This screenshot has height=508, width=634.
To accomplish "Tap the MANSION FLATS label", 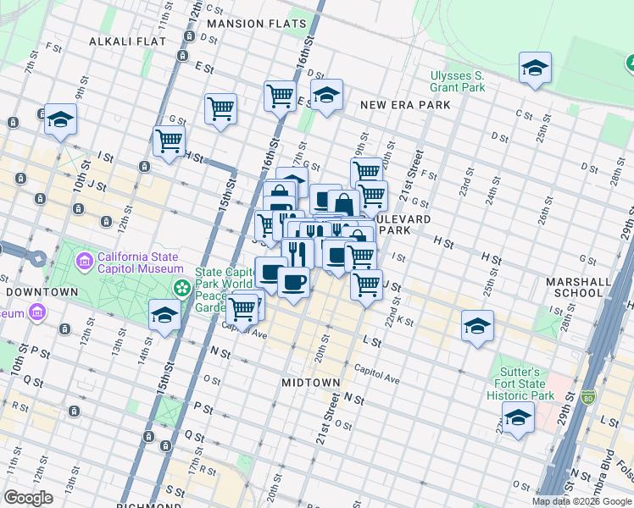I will click(255, 24).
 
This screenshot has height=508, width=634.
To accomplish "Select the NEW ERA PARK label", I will click(404, 105).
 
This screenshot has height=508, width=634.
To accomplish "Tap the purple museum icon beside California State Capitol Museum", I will click(84, 258).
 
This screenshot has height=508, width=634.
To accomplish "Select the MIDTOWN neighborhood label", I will click(310, 384).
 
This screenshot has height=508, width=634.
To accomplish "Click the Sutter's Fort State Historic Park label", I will click(525, 384).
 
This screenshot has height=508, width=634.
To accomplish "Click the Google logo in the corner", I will click(28, 498).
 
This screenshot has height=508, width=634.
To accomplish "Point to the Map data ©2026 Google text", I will click(581, 501).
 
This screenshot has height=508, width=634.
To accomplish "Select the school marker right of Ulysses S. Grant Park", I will click(535, 68).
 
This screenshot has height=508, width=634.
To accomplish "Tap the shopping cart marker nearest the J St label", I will click(366, 284).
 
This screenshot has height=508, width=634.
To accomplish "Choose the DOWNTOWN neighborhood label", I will click(42, 292).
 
